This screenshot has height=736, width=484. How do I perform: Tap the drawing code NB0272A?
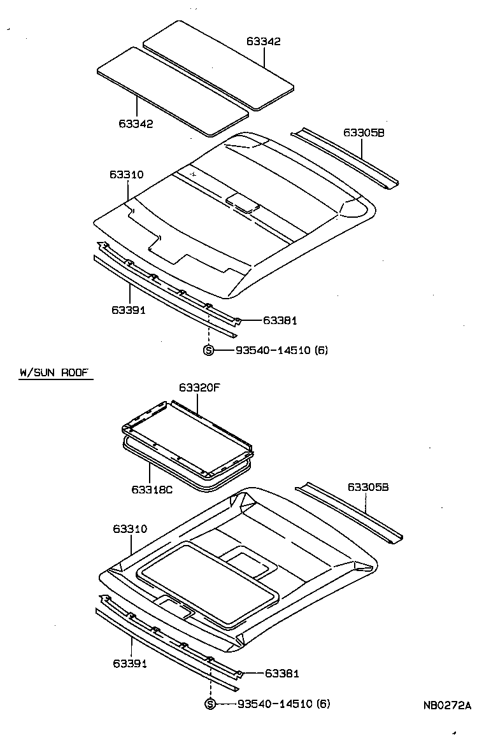447,705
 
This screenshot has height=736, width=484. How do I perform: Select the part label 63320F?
200,387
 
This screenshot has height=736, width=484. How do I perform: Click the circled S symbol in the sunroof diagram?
210,704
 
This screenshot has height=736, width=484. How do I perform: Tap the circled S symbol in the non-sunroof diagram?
208,350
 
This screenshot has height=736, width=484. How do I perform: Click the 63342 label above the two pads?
264,41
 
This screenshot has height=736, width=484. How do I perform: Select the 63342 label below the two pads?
136,123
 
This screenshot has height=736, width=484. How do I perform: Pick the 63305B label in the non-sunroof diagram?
364,132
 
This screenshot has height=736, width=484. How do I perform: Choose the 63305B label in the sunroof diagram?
368,487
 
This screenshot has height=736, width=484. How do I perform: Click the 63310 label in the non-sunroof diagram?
126,174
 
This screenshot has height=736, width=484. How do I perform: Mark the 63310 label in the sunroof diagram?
131,528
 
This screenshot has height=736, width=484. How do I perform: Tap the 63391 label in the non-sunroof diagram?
129,310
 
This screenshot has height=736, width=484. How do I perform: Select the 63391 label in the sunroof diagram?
130,663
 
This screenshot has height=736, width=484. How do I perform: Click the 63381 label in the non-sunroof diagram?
280,321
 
